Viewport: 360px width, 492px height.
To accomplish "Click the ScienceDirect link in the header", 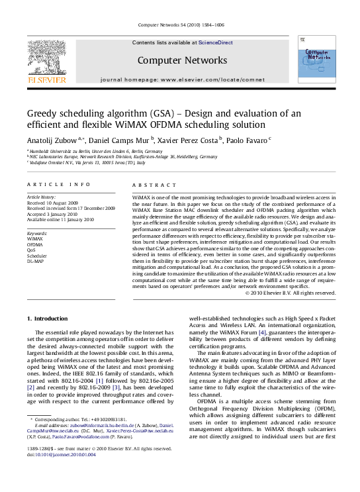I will pyautogui.click(x=216, y=42).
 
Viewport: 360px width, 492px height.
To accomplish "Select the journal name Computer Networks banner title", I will pyautogui.click(x=182, y=60).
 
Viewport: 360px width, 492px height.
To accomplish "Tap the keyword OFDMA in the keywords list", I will pyautogui.click(x=36, y=245).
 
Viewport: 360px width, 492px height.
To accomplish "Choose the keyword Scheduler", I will pyautogui.click(x=37, y=256).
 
